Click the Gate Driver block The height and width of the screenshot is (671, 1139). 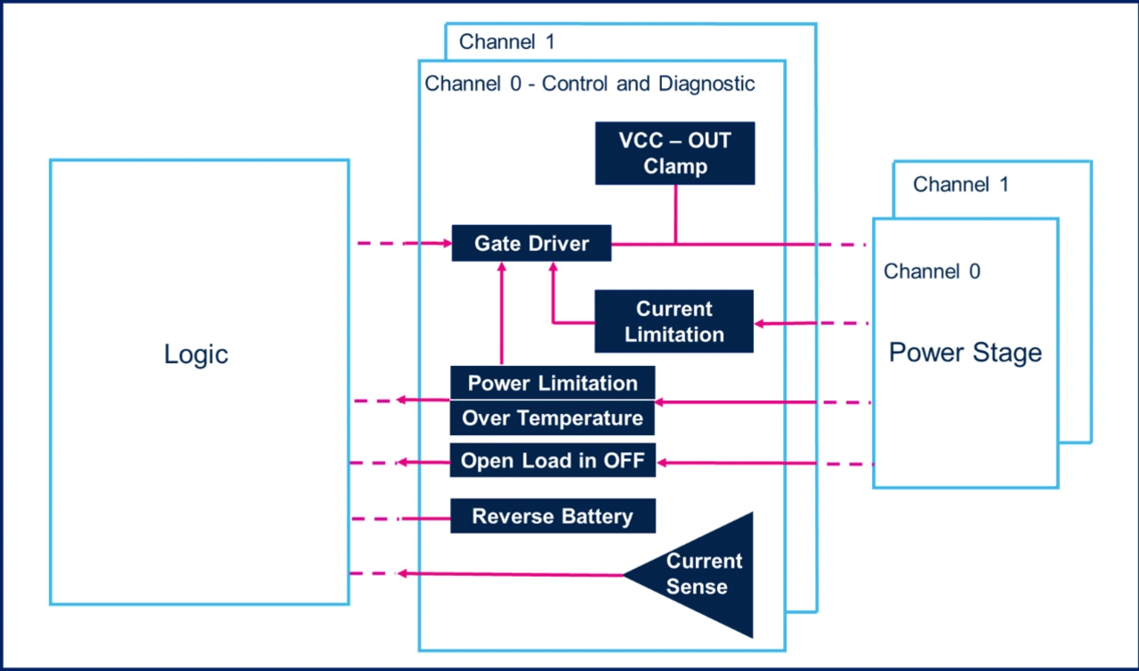(531, 243)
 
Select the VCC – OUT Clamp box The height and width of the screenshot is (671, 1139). (675, 153)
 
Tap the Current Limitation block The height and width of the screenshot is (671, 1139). (674, 321)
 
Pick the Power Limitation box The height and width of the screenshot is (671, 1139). (553, 384)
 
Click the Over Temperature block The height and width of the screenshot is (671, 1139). (553, 417)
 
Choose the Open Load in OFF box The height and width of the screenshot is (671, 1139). (553, 461)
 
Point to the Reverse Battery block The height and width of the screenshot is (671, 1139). (553, 516)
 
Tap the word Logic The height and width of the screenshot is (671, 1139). (196, 354)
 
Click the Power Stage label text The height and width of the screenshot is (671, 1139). (965, 352)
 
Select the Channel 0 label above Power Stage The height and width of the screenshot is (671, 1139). (932, 271)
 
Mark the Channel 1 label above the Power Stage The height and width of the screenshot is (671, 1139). (961, 185)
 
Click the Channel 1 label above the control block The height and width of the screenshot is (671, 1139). (507, 42)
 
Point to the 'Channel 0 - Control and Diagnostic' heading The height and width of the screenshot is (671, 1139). (590, 85)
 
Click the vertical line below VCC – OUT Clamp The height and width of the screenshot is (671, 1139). (675, 214)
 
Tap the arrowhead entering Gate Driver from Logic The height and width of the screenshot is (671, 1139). (445, 243)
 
